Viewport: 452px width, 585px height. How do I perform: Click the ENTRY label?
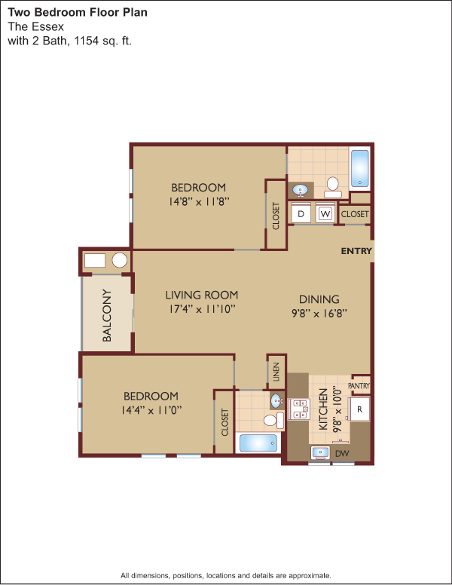click(x=356, y=251)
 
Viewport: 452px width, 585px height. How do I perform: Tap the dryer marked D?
click(x=301, y=214)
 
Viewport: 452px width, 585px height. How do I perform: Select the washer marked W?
click(x=325, y=214)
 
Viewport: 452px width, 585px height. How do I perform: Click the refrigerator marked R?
click(x=359, y=409)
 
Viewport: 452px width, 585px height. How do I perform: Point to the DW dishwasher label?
click(x=342, y=453)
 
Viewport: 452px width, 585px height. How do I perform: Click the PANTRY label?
click(x=359, y=386)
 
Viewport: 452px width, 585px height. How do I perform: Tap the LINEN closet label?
click(x=276, y=372)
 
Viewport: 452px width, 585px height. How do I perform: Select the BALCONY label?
click(x=107, y=315)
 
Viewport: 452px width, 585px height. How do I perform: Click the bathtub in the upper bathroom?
click(x=360, y=168)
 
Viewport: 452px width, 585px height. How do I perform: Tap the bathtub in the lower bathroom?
click(x=258, y=443)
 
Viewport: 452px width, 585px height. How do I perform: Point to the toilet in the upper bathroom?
click(x=333, y=188)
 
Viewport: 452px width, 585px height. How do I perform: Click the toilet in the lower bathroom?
click(x=273, y=421)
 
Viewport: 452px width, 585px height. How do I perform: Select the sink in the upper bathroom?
click(x=300, y=190)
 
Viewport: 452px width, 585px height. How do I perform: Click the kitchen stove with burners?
click(x=300, y=409)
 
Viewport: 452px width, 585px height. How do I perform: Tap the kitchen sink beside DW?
click(x=320, y=453)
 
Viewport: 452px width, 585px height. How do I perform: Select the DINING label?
click(x=319, y=299)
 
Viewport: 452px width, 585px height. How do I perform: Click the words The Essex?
click(x=36, y=26)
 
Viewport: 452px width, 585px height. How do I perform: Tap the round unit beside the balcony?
click(x=120, y=260)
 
